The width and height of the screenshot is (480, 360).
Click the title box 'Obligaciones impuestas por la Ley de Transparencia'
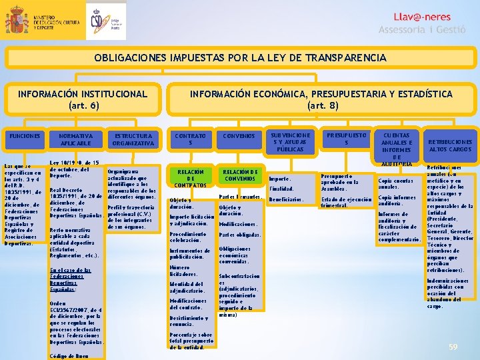pyautogui.click(x=239, y=58)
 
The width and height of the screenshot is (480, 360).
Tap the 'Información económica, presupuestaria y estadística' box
pyautogui.click(x=321, y=99)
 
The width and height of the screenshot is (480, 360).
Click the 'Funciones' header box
pyautogui.click(x=23, y=136)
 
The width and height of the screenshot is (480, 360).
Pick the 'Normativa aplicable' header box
pyautogui.click(x=75, y=139)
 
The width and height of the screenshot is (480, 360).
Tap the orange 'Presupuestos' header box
pyautogui.click(x=346, y=139)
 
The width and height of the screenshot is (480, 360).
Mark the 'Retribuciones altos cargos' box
pyautogui.click(x=450, y=145)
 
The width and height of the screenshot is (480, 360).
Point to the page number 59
pyautogui.click(x=453, y=347)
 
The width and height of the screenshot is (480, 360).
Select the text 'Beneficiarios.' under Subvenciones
pyautogui.click(x=286, y=200)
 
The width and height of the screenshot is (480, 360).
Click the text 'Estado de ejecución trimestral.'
pyautogui.click(x=346, y=203)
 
